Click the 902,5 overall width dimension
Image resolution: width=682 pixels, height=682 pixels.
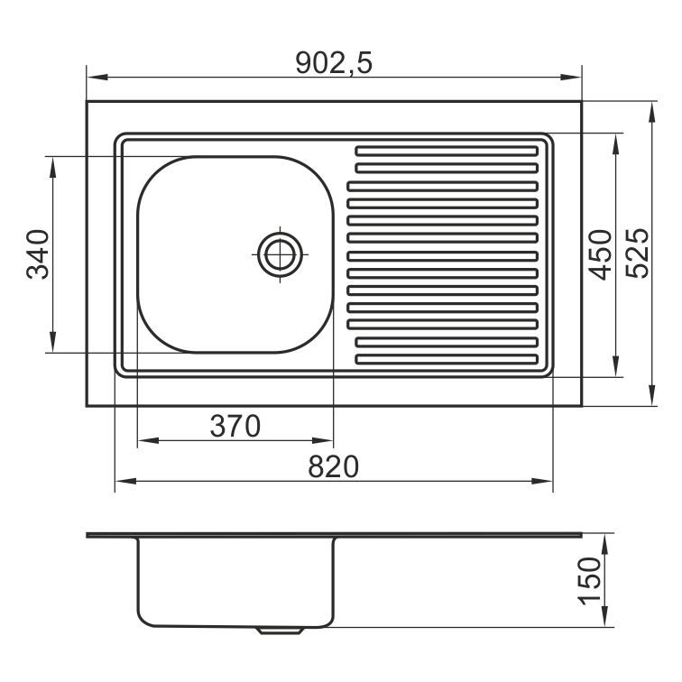point(334,63)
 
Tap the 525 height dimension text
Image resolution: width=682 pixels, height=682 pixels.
point(638,253)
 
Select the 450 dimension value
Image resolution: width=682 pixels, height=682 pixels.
point(600,255)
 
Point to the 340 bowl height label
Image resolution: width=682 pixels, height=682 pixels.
point(37,254)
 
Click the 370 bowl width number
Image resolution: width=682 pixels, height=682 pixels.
point(235,426)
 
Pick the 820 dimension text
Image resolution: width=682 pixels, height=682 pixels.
point(334,466)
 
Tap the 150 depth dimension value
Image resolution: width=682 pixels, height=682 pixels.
point(589,581)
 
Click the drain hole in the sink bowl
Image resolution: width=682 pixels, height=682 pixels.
point(280,254)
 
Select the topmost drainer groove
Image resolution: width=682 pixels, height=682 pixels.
point(447,151)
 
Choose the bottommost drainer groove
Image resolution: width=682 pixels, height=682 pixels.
point(447,359)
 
